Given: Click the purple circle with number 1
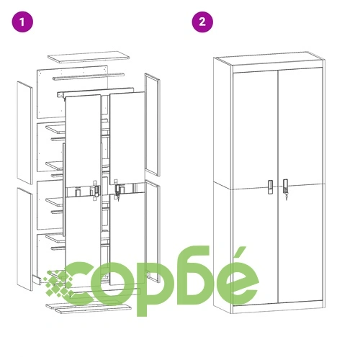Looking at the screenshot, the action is [x=22, y=22].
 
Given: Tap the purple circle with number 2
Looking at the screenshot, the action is [x=202, y=22].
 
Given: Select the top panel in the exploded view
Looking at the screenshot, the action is [x=89, y=57].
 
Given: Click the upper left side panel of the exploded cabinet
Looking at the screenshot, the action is [x=24, y=132].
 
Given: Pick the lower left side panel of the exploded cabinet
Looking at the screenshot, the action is [x=24, y=239].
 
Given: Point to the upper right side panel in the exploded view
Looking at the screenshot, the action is [x=152, y=125].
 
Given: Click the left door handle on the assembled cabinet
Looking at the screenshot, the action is [x=271, y=186].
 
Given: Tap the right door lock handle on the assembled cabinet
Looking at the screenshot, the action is [x=285, y=186].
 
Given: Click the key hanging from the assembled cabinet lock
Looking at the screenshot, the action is [x=286, y=197].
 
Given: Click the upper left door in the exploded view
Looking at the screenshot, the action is [x=83, y=141].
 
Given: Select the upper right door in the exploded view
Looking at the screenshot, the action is [x=127, y=138].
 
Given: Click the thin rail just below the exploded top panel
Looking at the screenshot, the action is [x=89, y=76].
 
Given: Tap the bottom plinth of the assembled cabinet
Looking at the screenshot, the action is [x=278, y=309].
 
